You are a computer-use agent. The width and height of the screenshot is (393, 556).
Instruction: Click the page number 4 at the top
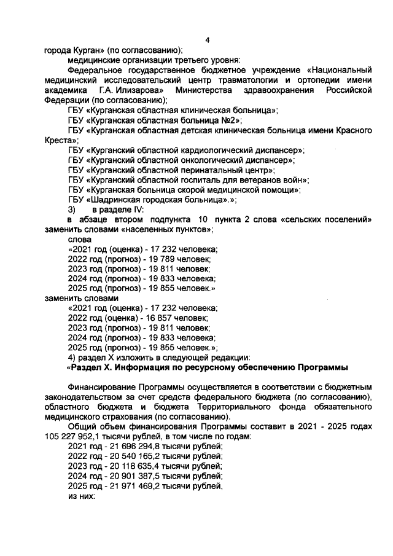(x=207, y=40)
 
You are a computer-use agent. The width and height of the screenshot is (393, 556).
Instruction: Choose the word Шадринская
(x=117, y=200)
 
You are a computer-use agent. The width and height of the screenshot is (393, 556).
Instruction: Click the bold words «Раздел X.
(x=90, y=367)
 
